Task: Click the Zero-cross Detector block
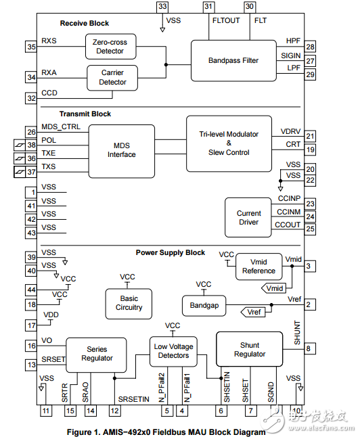(110, 47)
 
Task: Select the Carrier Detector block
(112, 77)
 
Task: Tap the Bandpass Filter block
(233, 61)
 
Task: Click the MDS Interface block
(122, 150)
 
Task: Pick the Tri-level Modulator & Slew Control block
(228, 143)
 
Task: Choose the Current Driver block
(248, 218)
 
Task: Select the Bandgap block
(204, 305)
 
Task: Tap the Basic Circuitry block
(129, 303)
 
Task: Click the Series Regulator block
(96, 354)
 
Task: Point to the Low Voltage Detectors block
(173, 351)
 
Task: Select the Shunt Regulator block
(250, 350)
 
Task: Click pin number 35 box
(31, 47)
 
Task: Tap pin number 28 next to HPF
(310, 47)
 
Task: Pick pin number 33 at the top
(162, 6)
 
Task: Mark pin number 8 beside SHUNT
(308, 349)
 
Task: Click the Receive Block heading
(84, 24)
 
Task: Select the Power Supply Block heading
(171, 252)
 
